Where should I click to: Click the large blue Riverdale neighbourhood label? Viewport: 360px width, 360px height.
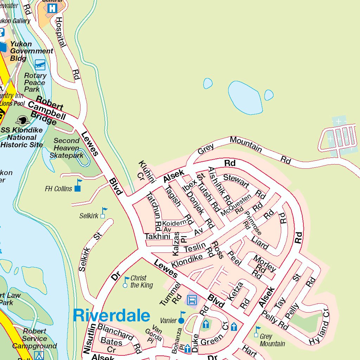(x=111, y=315)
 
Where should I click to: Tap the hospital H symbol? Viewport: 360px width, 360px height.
(x=52, y=8)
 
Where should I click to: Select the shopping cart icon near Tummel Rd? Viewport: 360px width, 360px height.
(x=192, y=300)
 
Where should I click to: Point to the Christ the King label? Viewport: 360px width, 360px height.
(x=142, y=281)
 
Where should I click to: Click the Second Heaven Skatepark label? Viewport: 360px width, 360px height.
(x=66, y=148)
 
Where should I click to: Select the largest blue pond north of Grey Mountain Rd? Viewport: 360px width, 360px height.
(x=245, y=97)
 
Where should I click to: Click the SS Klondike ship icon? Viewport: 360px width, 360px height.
(x=23, y=121)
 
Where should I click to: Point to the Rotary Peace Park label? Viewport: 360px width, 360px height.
(x=35, y=83)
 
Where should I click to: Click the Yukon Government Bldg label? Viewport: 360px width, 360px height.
(x=31, y=51)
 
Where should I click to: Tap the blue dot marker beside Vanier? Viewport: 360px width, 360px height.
(x=181, y=320)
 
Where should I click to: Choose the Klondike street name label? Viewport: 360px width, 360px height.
(x=187, y=261)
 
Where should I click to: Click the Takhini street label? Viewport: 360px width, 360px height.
(x=157, y=237)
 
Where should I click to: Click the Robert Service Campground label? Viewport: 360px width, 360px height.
(x=34, y=339)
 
